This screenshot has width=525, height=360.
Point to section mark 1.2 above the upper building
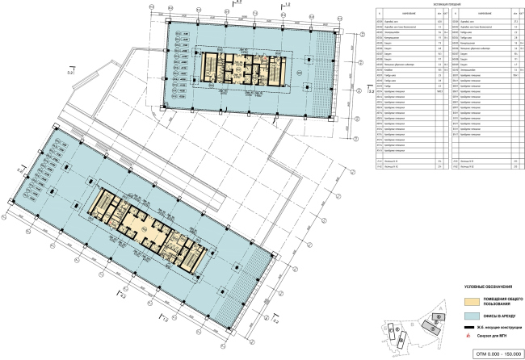pos(287,6)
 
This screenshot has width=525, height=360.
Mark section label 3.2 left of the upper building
pos(70,73)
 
